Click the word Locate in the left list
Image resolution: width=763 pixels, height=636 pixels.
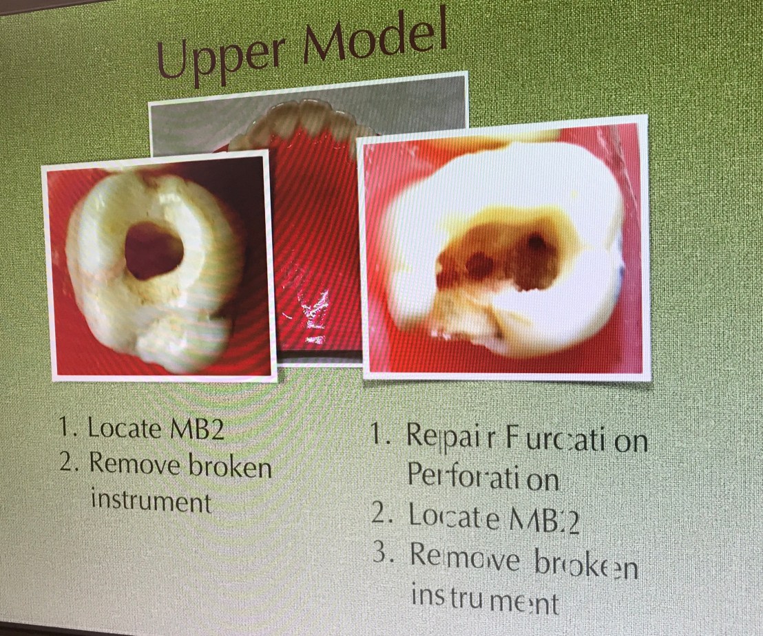click(125, 428)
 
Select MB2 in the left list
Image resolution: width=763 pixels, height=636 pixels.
click(195, 429)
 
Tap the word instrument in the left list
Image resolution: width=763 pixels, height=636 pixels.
click(151, 501)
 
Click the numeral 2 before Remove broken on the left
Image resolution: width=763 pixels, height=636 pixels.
click(67, 463)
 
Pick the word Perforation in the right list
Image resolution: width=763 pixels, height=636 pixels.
click(483, 476)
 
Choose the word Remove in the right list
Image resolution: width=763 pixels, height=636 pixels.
click(466, 558)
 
